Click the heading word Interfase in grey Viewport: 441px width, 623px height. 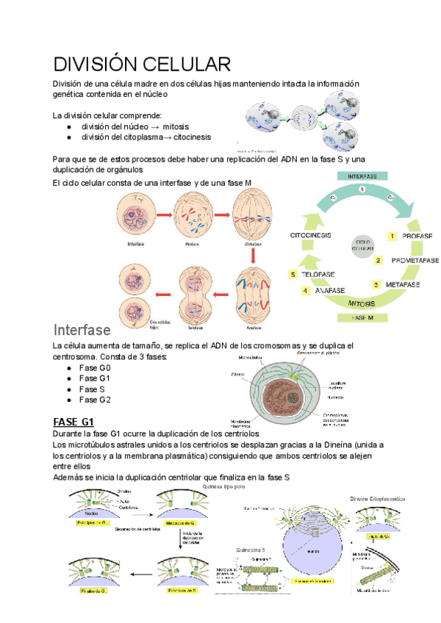pyautogui.click(x=82, y=329)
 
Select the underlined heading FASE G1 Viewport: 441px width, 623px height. pyautogui.click(x=74, y=422)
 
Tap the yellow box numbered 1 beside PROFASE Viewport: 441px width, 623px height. pyautogui.click(x=393, y=237)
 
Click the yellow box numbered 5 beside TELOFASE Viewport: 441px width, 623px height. pyautogui.click(x=293, y=275)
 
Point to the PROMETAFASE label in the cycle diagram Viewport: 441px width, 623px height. pyautogui.click(x=415, y=260)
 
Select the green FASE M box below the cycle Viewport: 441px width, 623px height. pyautogui.click(x=363, y=317)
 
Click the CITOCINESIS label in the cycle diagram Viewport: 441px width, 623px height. pyautogui.click(x=310, y=235)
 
